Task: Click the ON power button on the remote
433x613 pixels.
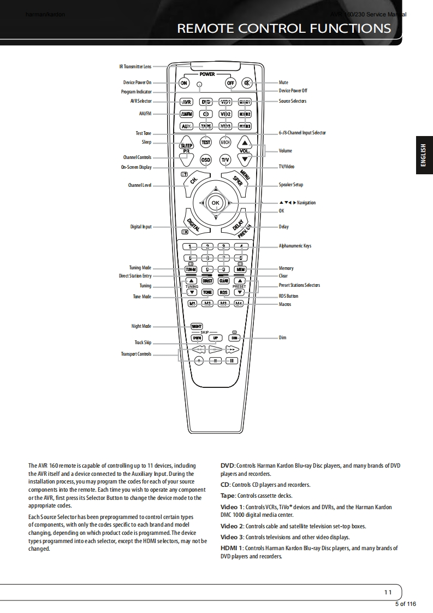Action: coord(184,83)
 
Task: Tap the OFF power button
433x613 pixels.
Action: coord(230,83)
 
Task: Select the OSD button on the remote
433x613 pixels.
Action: coord(206,160)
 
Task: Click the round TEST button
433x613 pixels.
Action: coord(206,142)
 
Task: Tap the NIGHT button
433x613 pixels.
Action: coord(197,326)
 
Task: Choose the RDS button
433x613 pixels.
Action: coord(223,292)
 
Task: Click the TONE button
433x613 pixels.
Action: coord(207,292)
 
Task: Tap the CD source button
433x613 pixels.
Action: coord(205,114)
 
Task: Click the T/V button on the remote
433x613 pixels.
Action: coord(225,160)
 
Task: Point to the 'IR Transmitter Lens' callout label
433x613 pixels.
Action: coord(135,67)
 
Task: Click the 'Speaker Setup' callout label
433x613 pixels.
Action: coord(290,185)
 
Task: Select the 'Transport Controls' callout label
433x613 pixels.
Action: coord(136,354)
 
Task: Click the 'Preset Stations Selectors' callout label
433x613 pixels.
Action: coord(299,285)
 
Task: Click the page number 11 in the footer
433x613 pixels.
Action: coord(388,592)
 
